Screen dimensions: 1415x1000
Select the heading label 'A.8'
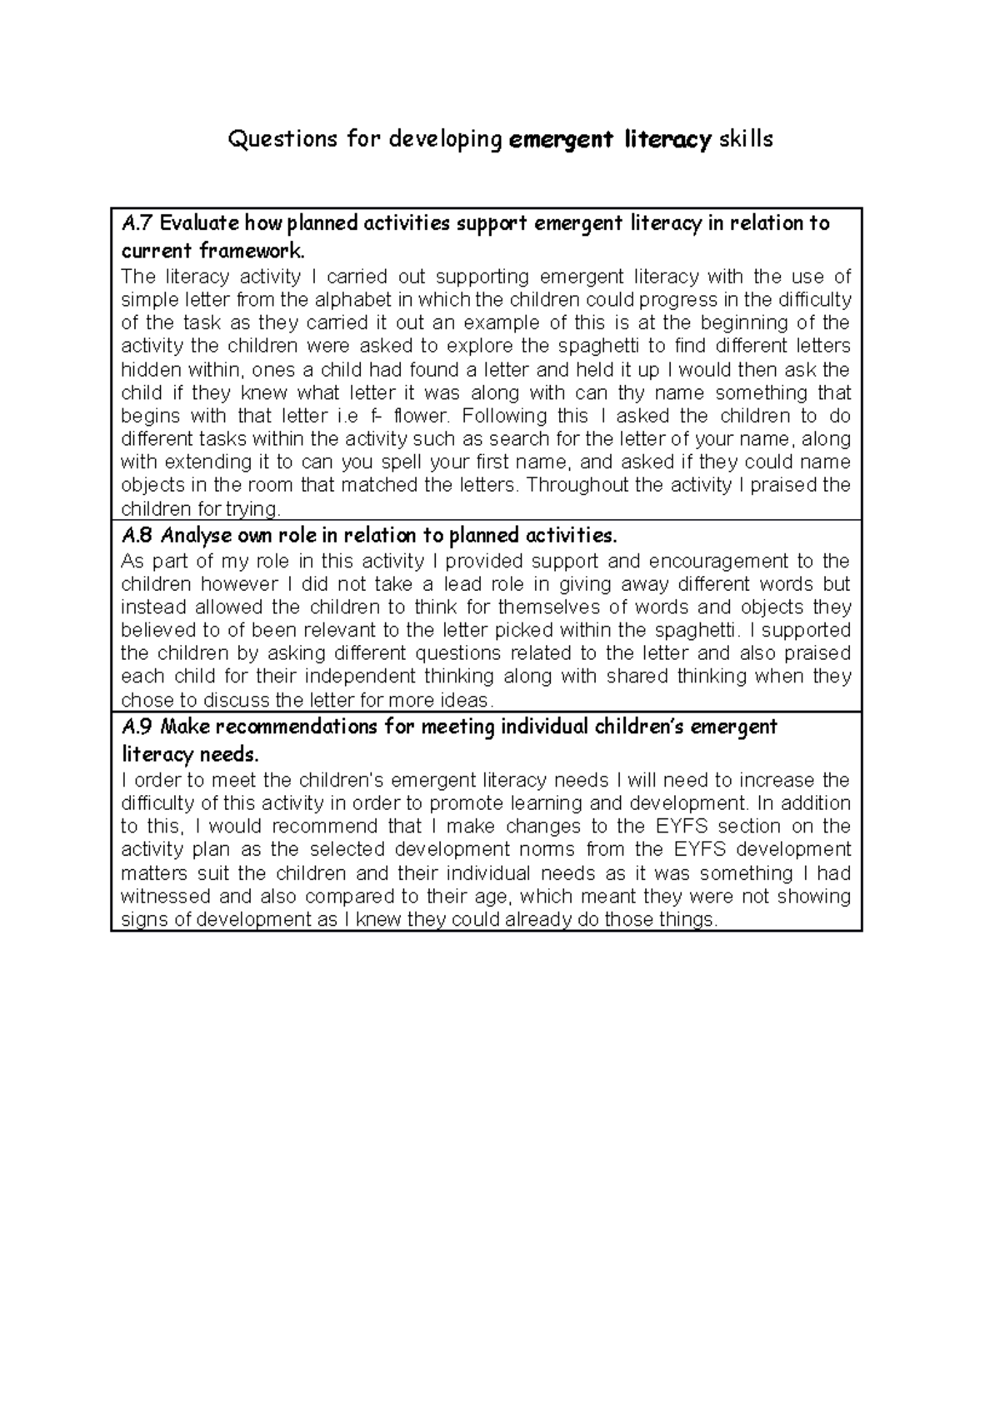[x=136, y=534]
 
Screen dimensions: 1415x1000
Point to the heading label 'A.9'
[x=136, y=727]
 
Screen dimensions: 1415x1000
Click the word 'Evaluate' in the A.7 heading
[x=197, y=223]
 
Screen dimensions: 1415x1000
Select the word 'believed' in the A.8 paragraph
[x=152, y=631]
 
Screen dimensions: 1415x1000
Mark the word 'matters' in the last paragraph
[x=152, y=874]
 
